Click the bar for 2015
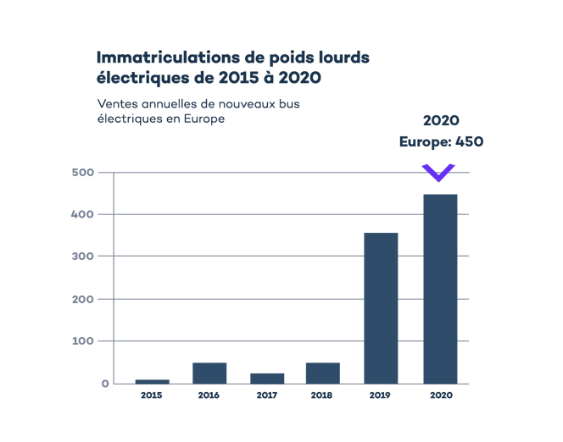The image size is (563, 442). [x=152, y=381]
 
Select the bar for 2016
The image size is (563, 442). [x=209, y=373]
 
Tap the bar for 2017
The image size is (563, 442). [x=267, y=378]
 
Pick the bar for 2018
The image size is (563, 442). [x=322, y=373]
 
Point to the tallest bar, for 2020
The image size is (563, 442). [x=440, y=289]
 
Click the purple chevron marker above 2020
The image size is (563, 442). [x=440, y=173]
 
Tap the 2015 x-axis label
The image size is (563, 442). [x=152, y=395]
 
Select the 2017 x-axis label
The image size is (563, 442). [x=267, y=395]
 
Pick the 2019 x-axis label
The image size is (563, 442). [x=381, y=395]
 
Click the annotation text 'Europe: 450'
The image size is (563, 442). [x=441, y=142]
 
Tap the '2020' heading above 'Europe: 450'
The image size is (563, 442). [x=441, y=120]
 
